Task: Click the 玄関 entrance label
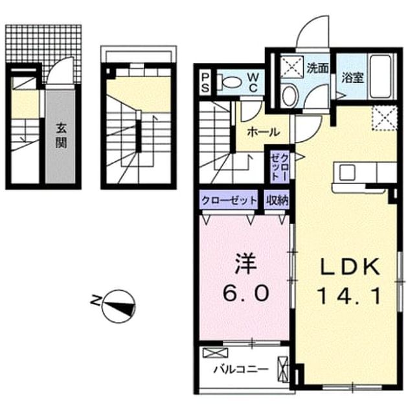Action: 61,135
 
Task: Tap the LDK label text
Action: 350,266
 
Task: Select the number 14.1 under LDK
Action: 350,295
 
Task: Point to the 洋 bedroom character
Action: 245,264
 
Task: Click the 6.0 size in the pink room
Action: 245,293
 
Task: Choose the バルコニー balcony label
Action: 241,369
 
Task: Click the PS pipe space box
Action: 205,82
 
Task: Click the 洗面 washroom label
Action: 317,68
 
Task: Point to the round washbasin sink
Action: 289,95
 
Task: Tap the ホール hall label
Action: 264,132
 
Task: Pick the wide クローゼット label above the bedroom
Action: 229,200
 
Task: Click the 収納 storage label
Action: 277,200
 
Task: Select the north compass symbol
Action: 119,306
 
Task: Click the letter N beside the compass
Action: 95,300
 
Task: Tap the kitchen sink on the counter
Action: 347,172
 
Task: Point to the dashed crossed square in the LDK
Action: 384,118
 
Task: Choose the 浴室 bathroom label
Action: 352,77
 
